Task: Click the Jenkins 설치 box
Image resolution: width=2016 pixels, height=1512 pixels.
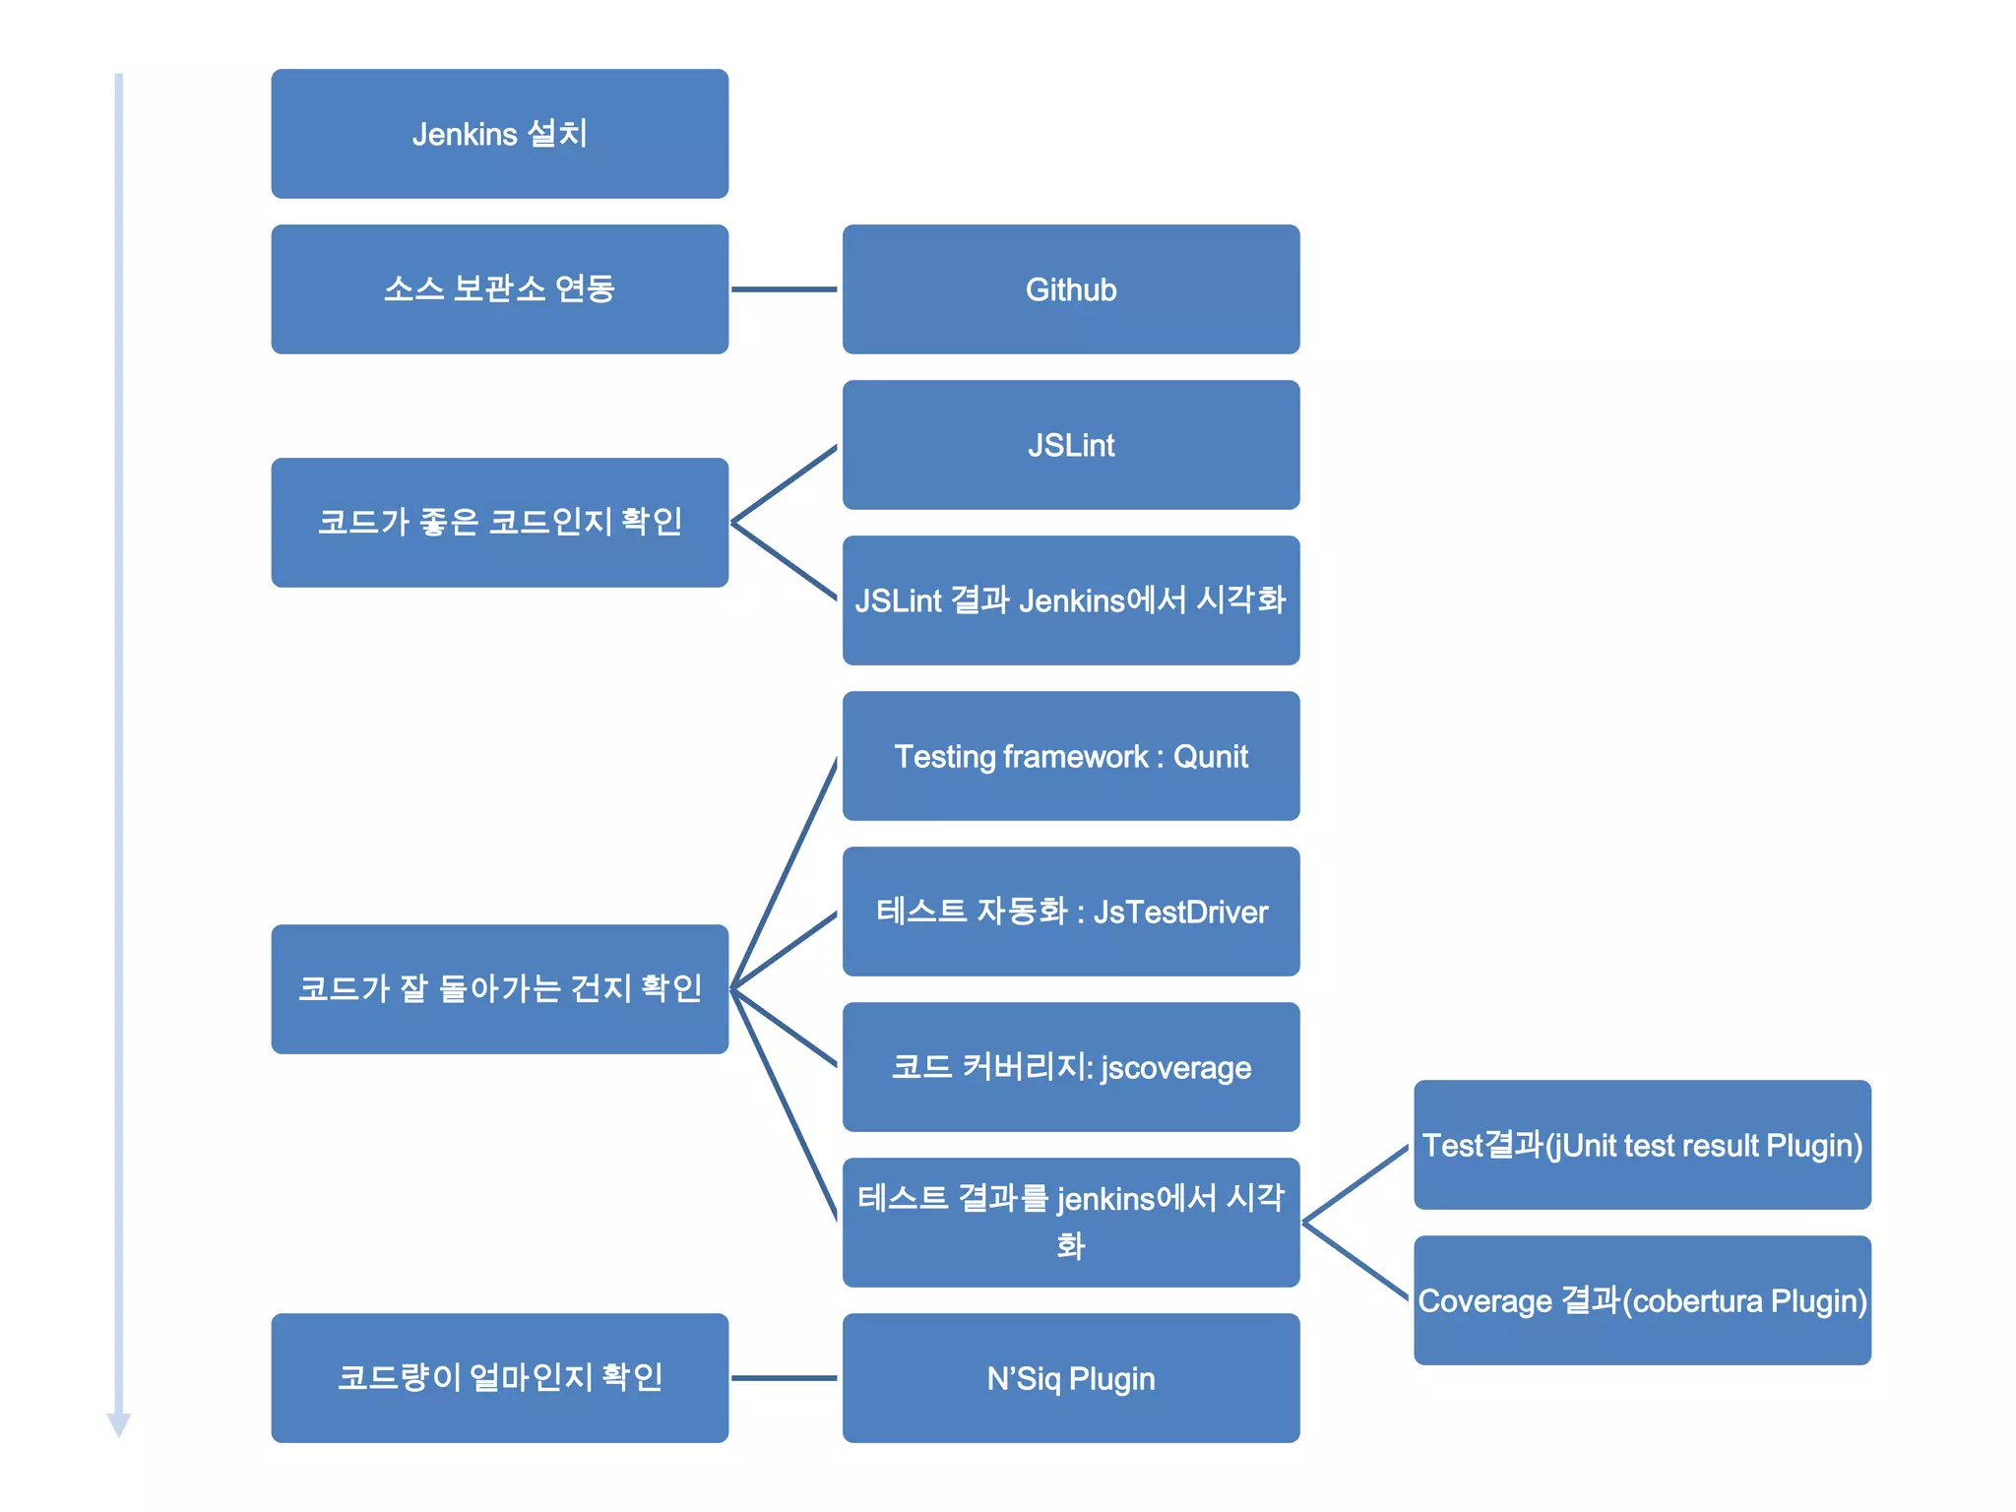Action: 499,134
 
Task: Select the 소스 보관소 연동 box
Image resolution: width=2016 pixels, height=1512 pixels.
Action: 499,289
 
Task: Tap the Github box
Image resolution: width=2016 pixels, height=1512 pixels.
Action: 1071,289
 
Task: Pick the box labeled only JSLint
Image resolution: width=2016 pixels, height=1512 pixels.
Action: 1071,445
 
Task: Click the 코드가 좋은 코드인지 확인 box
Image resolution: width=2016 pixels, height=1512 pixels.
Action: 499,522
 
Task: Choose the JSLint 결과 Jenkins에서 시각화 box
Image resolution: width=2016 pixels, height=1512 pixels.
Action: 1071,600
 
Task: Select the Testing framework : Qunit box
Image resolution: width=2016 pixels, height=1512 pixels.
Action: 1071,756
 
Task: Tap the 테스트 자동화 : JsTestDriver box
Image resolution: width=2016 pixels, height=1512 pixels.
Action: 1071,912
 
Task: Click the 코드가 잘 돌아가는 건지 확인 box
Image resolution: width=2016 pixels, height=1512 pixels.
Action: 499,988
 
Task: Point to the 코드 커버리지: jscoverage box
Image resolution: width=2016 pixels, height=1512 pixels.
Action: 1071,1067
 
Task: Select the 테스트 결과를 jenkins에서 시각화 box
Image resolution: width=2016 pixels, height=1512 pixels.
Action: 1071,1223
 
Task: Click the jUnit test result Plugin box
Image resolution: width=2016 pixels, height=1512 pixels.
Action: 1642,1145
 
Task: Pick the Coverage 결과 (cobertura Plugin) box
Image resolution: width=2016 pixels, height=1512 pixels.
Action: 1642,1300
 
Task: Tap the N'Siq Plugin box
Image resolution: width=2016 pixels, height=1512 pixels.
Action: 1071,1378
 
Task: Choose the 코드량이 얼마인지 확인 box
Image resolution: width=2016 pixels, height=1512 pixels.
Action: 499,1378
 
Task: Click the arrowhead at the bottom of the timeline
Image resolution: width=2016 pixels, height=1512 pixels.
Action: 119,1424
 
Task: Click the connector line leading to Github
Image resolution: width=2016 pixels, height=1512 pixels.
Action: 785,289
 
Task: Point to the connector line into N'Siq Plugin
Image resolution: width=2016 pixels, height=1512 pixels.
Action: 785,1378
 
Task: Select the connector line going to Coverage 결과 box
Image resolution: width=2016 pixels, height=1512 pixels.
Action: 1356,1262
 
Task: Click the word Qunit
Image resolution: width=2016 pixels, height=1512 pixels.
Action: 1211,757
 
